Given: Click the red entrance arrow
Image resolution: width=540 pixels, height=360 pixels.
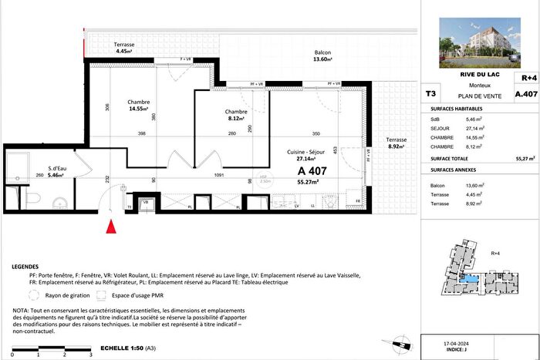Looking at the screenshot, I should coord(111,227).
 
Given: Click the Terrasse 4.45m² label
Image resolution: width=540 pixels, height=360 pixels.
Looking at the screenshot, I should coord(124,49).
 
